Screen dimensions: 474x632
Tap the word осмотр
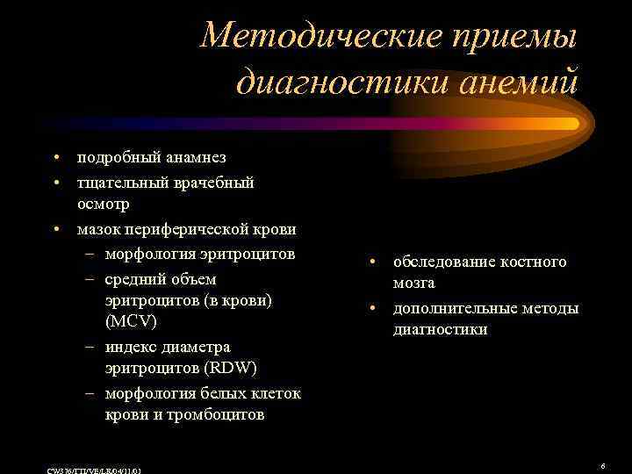(x=104, y=205)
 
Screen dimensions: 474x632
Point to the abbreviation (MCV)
(x=131, y=321)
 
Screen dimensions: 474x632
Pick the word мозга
(x=413, y=284)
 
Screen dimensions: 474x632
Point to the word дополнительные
(x=456, y=308)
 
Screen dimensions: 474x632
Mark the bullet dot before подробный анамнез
(x=55, y=158)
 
